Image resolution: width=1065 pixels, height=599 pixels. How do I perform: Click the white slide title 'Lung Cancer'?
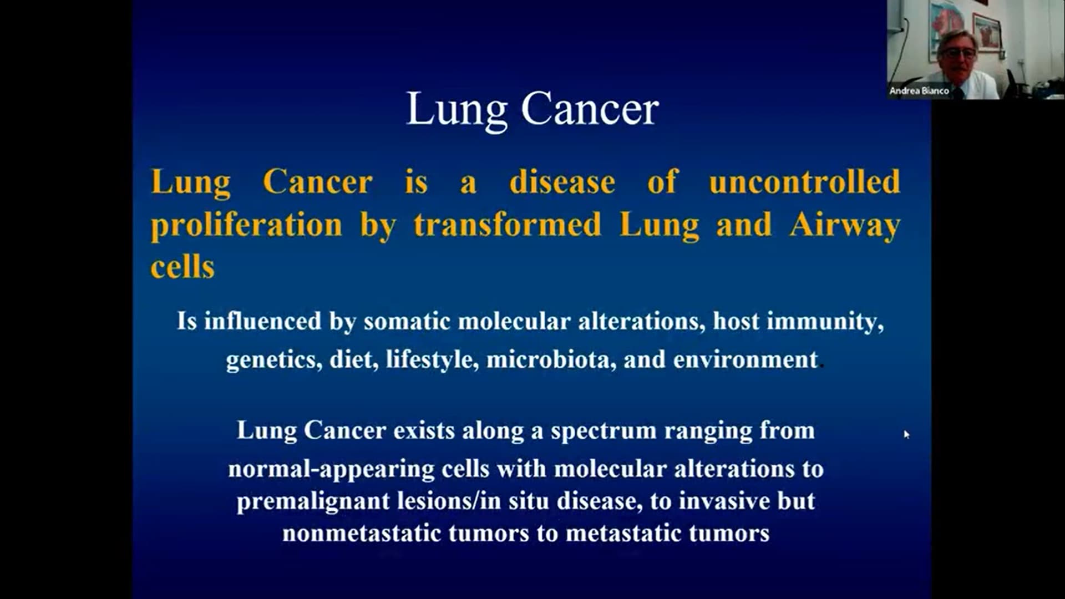(x=532, y=110)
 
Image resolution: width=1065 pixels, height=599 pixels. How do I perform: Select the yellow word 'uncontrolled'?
(x=804, y=182)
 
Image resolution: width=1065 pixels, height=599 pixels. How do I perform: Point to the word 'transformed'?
(x=508, y=225)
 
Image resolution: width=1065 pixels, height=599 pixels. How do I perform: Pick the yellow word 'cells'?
(x=182, y=267)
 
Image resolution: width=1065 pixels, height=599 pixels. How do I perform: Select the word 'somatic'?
(x=407, y=322)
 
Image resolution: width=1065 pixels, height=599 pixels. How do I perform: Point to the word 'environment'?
(x=745, y=360)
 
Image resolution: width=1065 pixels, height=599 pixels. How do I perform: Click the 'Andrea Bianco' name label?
(x=919, y=90)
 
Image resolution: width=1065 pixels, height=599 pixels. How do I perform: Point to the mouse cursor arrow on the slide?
(x=906, y=434)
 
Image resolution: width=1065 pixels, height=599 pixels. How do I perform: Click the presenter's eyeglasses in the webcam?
(x=957, y=54)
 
